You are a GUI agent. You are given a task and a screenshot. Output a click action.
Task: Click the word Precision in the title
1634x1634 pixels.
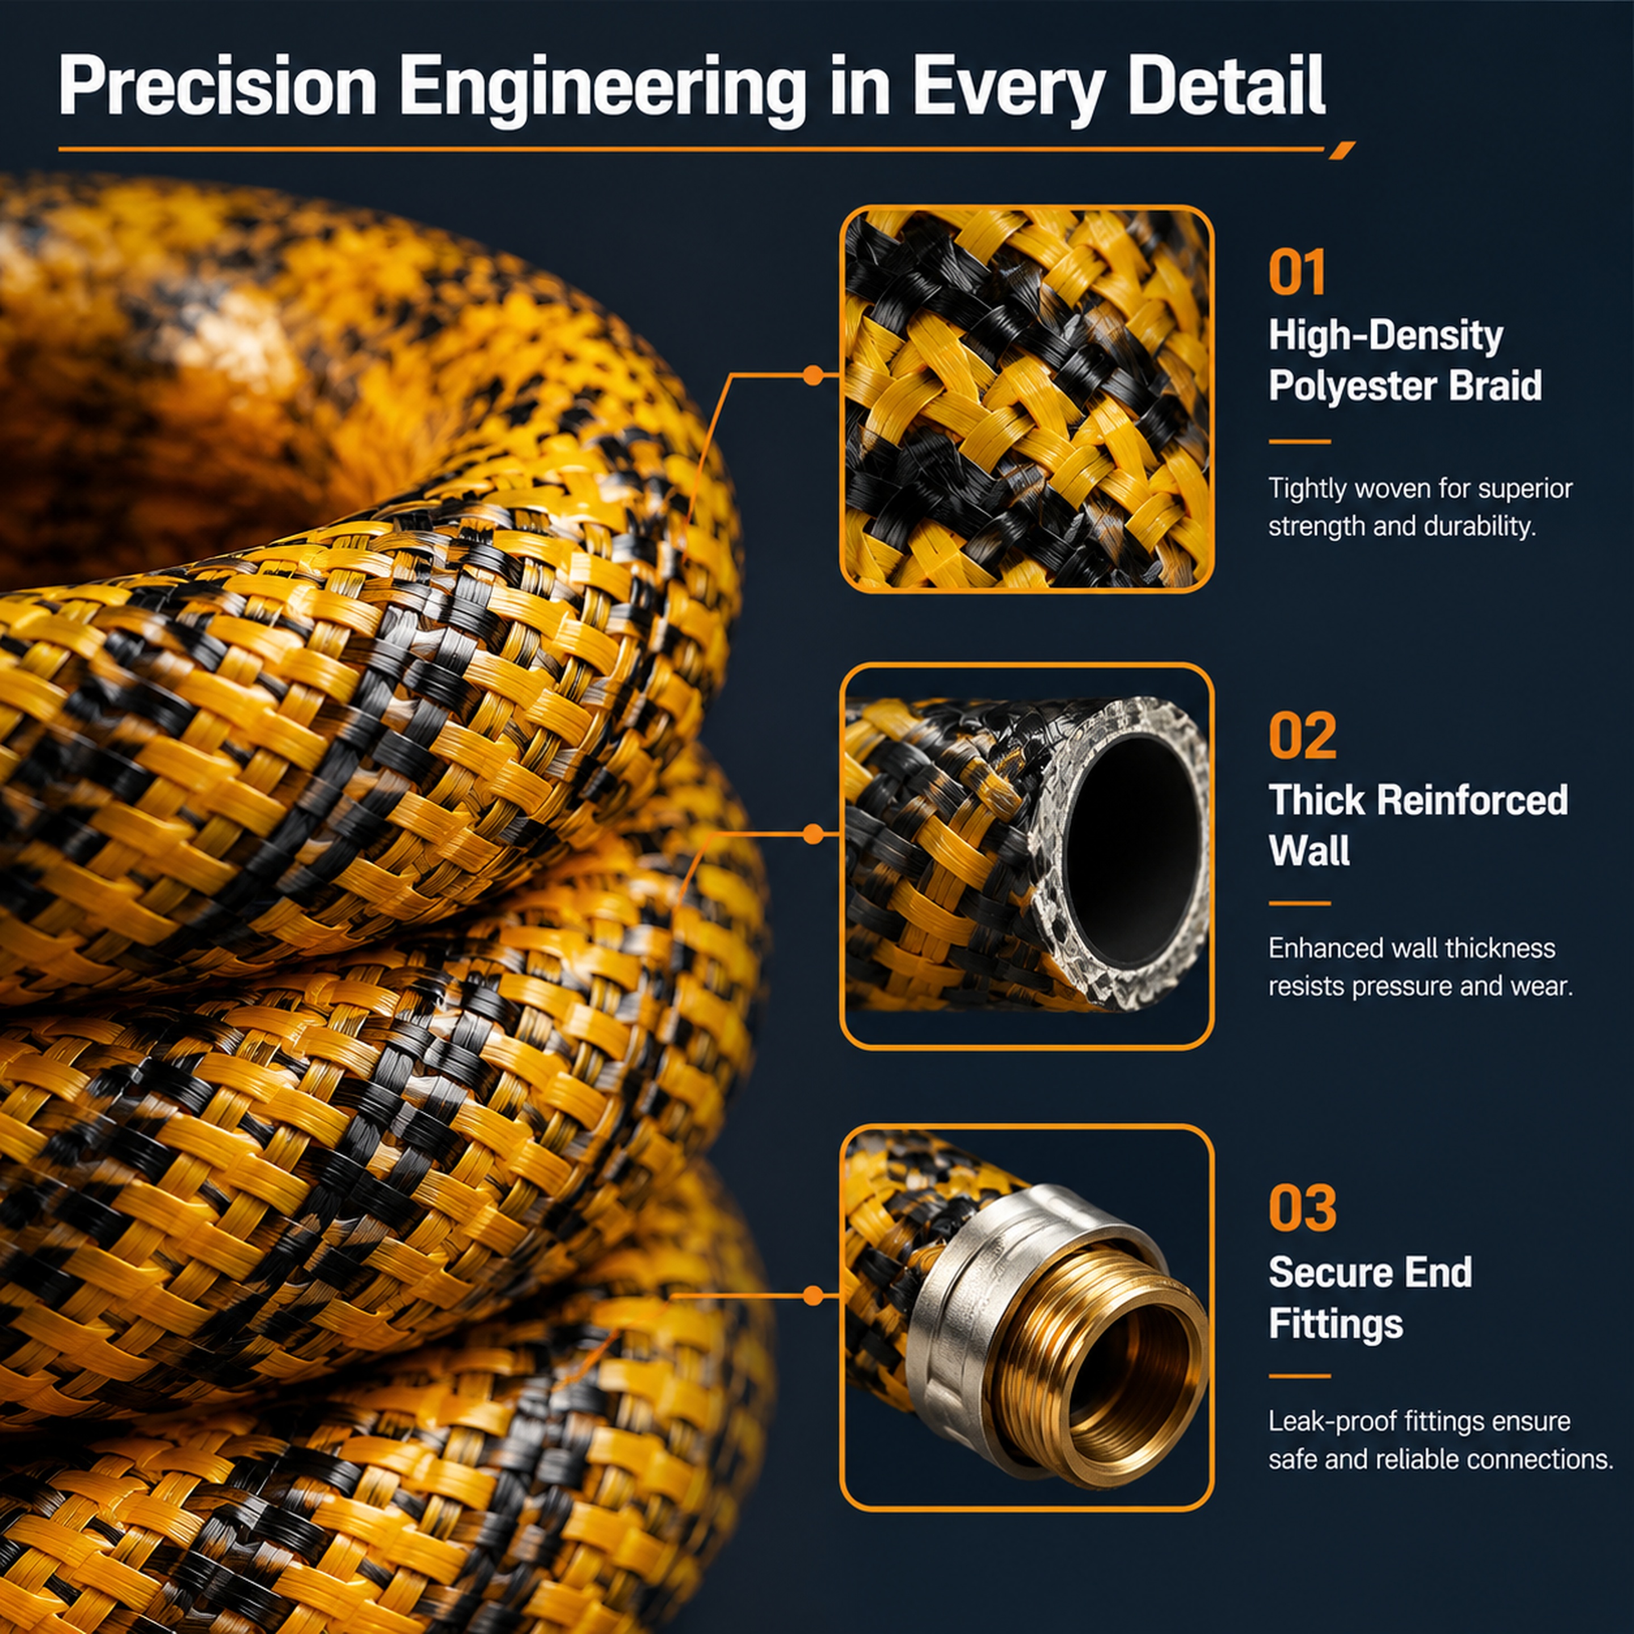pyautogui.click(x=217, y=87)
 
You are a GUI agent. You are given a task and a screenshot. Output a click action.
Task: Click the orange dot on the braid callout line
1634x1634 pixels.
pyautogui.click(x=813, y=374)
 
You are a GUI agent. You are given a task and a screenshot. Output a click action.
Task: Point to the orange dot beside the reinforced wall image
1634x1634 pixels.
pyautogui.click(x=813, y=835)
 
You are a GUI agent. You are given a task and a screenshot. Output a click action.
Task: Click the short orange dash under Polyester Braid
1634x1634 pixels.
pyautogui.click(x=1299, y=441)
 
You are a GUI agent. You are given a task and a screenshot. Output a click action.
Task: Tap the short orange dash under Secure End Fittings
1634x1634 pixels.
pyautogui.click(x=1299, y=1376)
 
